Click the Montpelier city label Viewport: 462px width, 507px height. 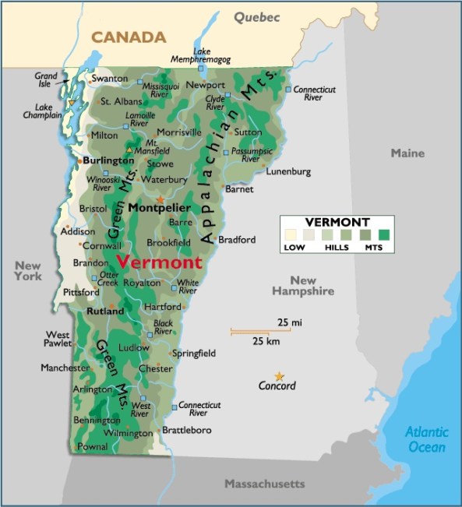pyautogui.click(x=159, y=208)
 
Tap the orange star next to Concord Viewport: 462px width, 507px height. pyautogui.click(x=279, y=376)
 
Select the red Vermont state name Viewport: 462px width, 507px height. pyautogui.click(x=159, y=262)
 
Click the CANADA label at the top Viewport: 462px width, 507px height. pyautogui.click(x=129, y=37)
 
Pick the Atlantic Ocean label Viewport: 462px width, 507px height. pyautogui.click(x=427, y=439)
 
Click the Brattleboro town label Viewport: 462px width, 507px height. pyautogui.click(x=188, y=430)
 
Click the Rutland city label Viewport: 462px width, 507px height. pyautogui.click(x=104, y=311)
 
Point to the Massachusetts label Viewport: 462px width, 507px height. pyautogui.click(x=264, y=484)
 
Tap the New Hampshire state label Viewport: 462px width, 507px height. pyautogui.click(x=303, y=286)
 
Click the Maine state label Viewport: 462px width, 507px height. pyautogui.click(x=407, y=153)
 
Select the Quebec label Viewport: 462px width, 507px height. pyautogui.click(x=256, y=16)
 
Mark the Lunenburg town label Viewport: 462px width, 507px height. pyautogui.click(x=288, y=171)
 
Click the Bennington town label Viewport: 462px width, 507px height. pyautogui.click(x=97, y=421)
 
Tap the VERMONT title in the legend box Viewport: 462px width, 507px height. pyautogui.click(x=337, y=222)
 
